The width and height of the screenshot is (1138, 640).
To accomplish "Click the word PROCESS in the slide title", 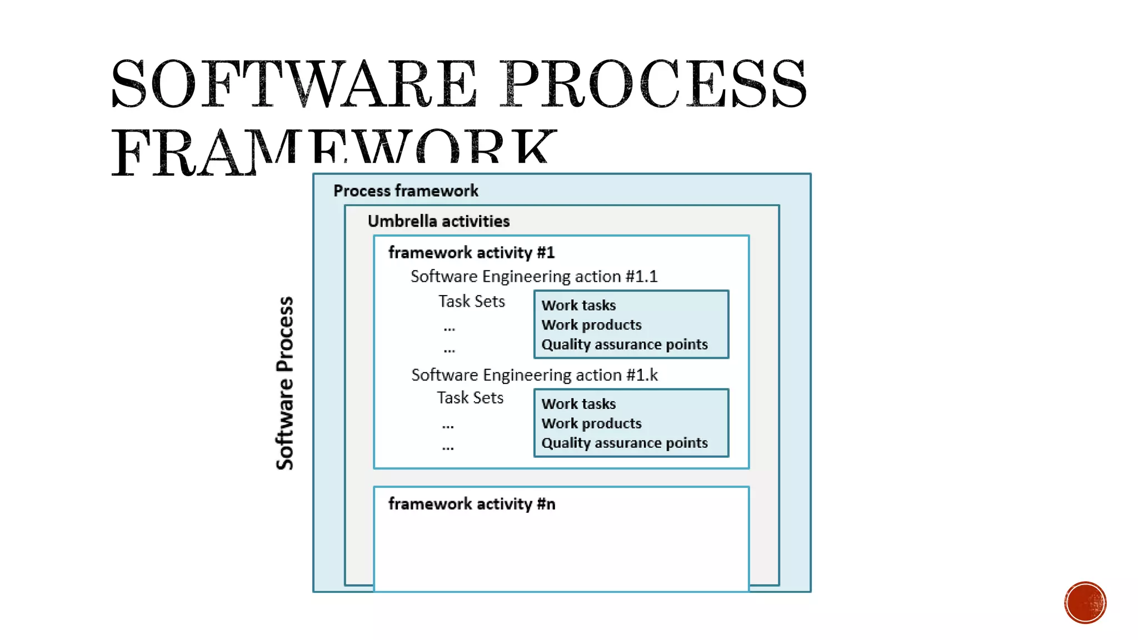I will pos(654,84).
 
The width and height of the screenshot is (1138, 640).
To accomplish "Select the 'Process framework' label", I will pos(406,191).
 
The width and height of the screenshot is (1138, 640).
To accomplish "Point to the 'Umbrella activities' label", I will pos(438,221).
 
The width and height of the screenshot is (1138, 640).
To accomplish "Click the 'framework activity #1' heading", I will pos(471,253).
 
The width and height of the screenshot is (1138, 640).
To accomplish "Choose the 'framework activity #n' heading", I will pos(471,504).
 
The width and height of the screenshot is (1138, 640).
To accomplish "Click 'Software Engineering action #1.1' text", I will pos(533,277).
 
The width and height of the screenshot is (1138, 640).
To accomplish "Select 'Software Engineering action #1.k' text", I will pos(534,375).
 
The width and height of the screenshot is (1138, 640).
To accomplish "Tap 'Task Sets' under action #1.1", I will pos(471,301).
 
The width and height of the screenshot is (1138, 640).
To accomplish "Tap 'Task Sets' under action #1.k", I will pos(470,398).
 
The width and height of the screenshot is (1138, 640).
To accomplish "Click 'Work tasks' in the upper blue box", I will pos(578,306).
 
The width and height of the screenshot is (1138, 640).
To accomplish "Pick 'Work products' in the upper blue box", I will pos(591,325).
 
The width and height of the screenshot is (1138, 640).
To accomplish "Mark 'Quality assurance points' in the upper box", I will pos(624,344).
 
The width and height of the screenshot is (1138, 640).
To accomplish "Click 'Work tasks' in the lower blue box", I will pos(578,404).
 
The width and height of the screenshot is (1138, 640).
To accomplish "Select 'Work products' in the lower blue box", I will pos(591,423).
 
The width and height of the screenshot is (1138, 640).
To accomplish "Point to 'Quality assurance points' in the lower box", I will pos(624,443).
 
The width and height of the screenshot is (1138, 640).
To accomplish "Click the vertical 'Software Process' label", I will pos(285,383).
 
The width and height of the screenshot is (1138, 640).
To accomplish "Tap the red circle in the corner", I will pos(1085,603).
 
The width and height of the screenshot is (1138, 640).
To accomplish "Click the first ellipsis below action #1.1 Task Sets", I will pos(449,329).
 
